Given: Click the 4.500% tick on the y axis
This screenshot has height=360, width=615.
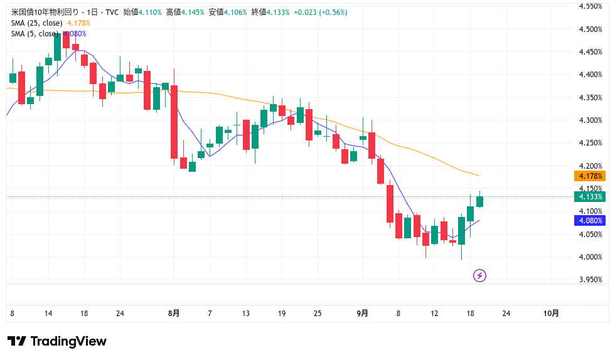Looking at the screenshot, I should pyautogui.click(x=591, y=29).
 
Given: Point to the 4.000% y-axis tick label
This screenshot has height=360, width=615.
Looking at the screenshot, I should pyautogui.click(x=591, y=257).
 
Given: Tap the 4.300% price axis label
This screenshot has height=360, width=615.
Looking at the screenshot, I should pyautogui.click(x=591, y=120).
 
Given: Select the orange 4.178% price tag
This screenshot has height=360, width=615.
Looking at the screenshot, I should pyautogui.click(x=590, y=176).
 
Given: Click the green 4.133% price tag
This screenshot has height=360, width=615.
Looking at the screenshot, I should pyautogui.click(x=590, y=197).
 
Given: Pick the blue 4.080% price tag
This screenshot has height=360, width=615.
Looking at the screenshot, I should pyautogui.click(x=590, y=221).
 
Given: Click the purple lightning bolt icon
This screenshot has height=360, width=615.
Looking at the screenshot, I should pyautogui.click(x=480, y=275).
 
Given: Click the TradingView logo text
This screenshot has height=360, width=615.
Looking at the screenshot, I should pyautogui.click(x=57, y=342).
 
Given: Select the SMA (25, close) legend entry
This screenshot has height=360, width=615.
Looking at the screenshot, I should pyautogui.click(x=36, y=23).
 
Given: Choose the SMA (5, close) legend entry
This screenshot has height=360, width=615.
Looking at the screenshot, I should pyautogui.click(x=34, y=34).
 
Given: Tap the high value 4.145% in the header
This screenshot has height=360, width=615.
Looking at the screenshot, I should pyautogui.click(x=193, y=13).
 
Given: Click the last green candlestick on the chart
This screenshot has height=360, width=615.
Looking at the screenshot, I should pyautogui.click(x=479, y=201).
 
